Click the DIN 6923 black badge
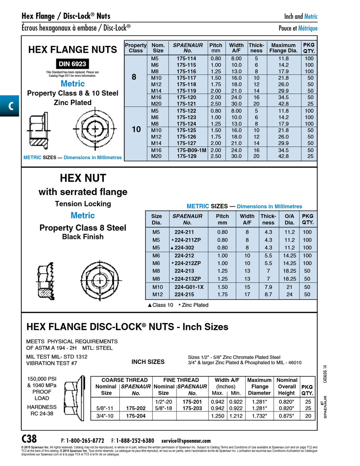point(72,64)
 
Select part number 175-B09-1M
point(191,150)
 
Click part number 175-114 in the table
point(186,58)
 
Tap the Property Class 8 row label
point(134,77)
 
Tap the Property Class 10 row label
point(136,129)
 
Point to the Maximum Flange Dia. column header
point(283,48)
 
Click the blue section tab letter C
point(10,106)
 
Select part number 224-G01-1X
point(189,287)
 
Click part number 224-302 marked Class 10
point(184,248)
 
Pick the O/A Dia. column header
point(289,219)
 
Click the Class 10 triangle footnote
point(160,305)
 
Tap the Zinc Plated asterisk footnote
point(193,305)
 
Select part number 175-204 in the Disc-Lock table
point(136,416)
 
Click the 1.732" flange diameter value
point(260,416)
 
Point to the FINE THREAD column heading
point(181,380)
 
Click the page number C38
point(29,438)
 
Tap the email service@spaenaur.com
point(186,441)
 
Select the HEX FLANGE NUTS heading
point(72,50)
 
